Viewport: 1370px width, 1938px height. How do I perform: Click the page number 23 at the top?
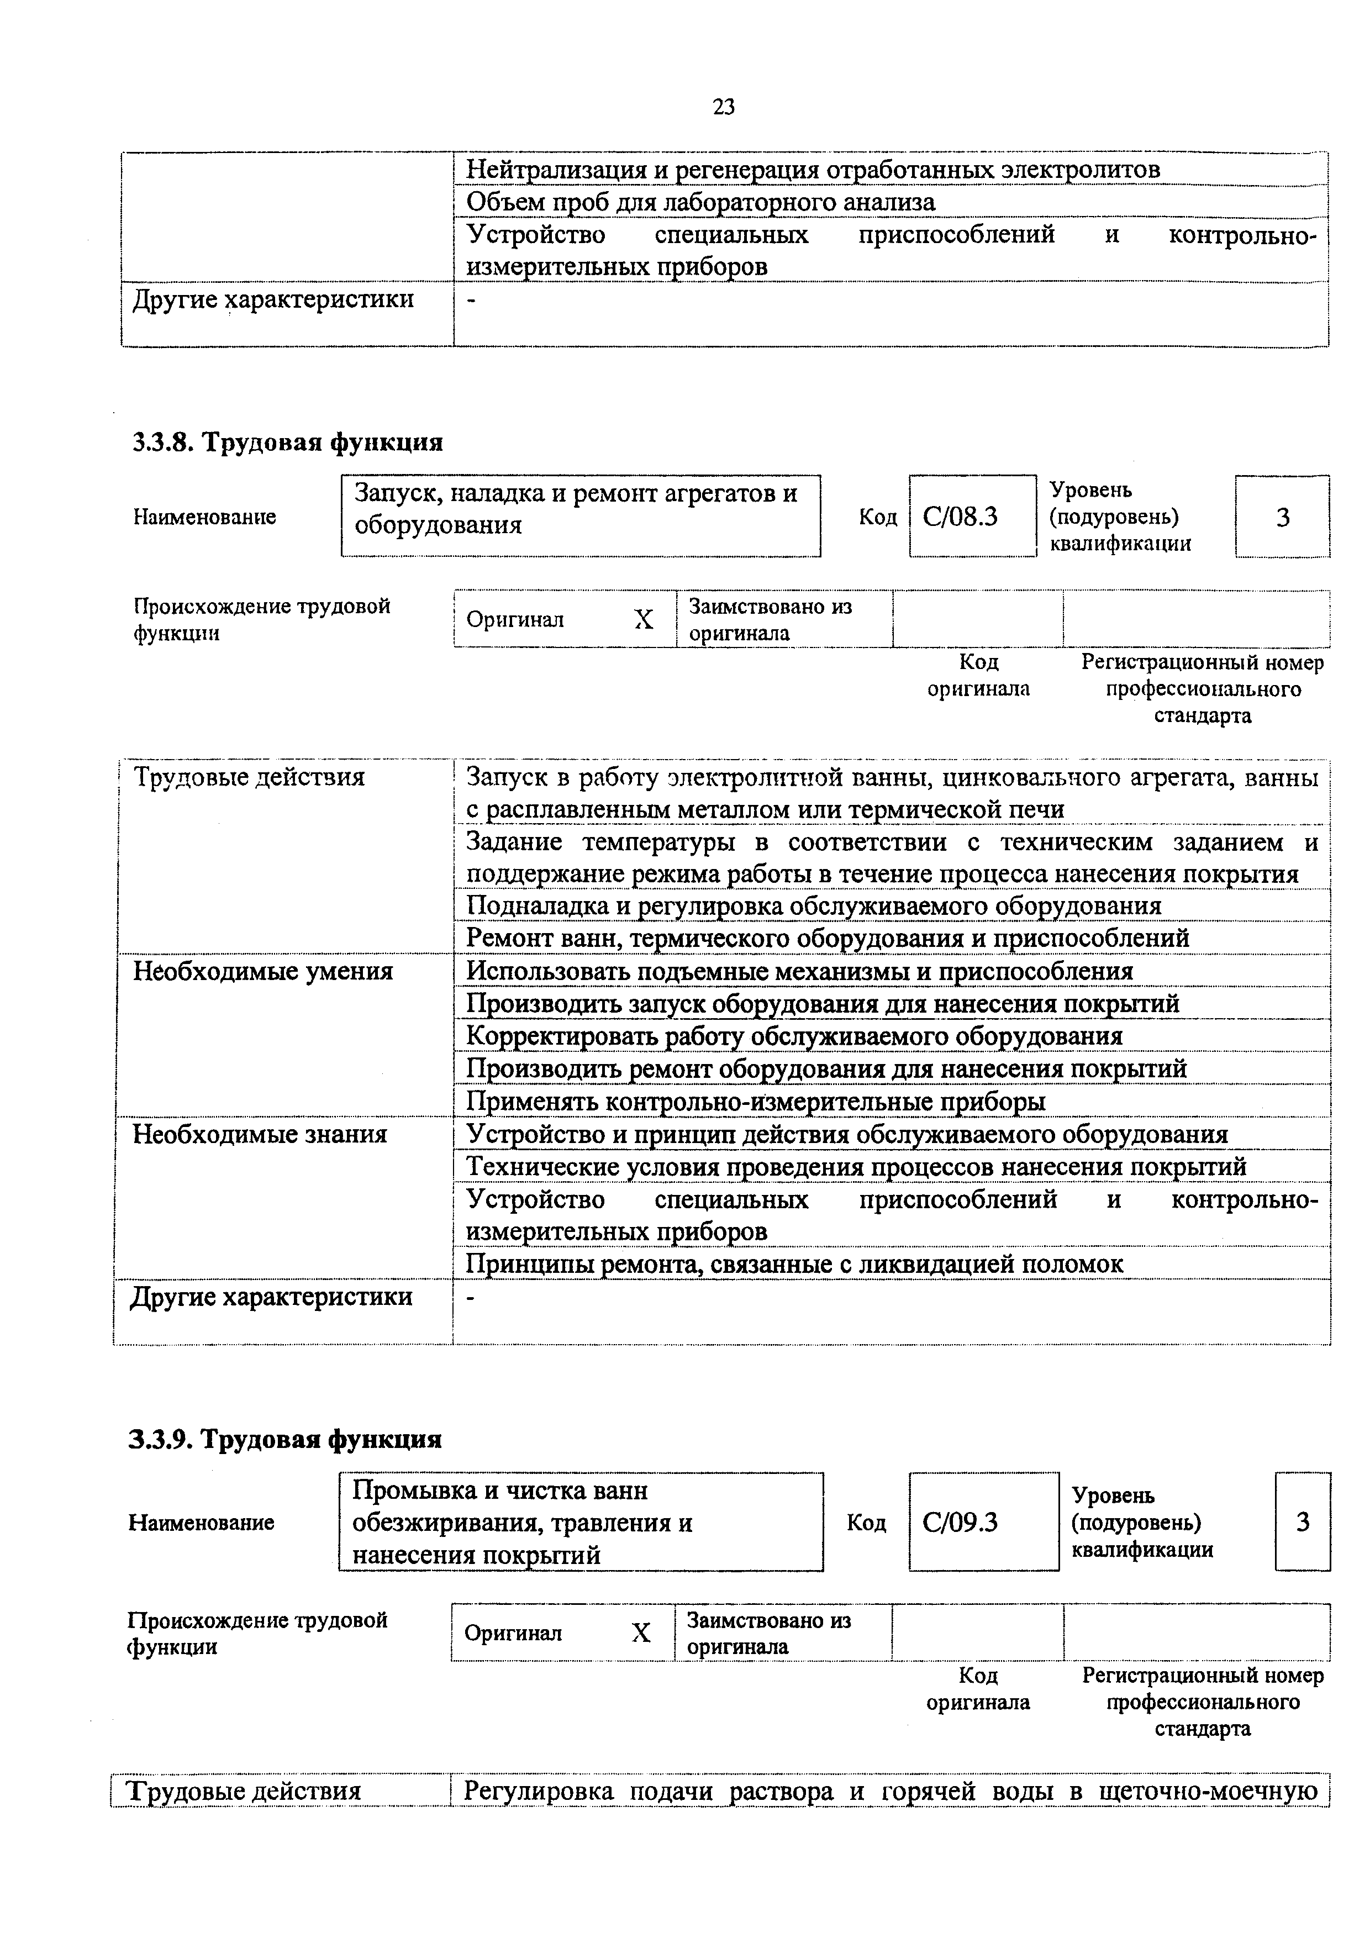click(724, 107)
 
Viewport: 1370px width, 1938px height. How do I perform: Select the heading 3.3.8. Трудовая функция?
click(287, 443)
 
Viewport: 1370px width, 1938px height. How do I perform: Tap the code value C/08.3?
click(961, 517)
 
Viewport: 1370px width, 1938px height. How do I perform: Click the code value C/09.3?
click(961, 1522)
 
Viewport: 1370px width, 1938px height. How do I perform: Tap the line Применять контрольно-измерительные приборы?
click(756, 1102)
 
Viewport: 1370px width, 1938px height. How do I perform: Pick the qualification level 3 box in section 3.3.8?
click(1282, 517)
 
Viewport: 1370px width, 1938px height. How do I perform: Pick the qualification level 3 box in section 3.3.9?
click(1303, 1522)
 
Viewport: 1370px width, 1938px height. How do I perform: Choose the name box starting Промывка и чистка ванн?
click(580, 1523)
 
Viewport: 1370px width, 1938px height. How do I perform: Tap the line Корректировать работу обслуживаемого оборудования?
click(794, 1036)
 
